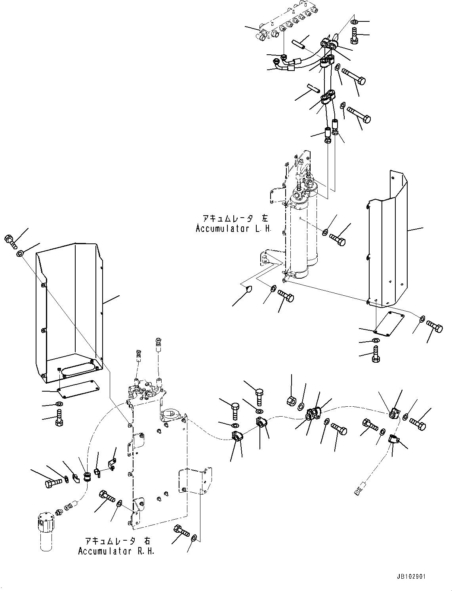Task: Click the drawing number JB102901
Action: point(410,577)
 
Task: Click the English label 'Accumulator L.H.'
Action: point(233,229)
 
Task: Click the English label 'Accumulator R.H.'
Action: point(116,551)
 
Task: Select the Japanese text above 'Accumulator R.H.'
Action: point(118,541)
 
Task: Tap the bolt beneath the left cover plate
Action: point(59,417)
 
